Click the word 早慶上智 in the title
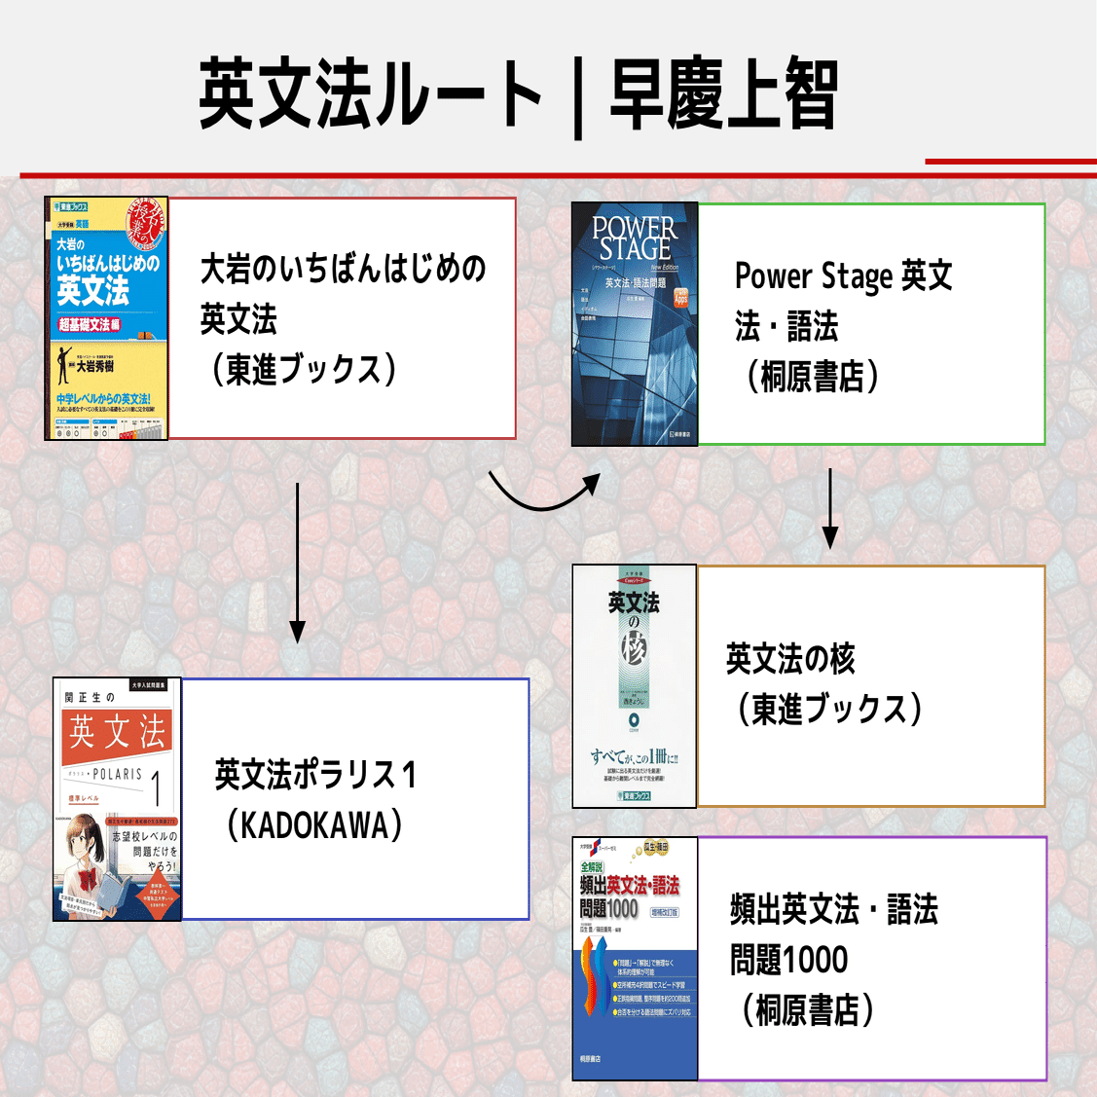point(722,94)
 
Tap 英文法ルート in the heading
point(370,94)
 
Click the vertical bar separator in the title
point(578,97)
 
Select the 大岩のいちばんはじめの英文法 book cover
point(107,318)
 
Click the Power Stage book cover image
point(635,324)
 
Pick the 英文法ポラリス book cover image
point(118,799)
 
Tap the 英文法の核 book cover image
point(635,686)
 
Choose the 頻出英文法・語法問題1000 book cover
point(635,959)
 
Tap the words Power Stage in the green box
point(813,276)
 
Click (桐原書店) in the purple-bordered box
point(807,1009)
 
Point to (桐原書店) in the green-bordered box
point(812,376)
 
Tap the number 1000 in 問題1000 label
point(815,960)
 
